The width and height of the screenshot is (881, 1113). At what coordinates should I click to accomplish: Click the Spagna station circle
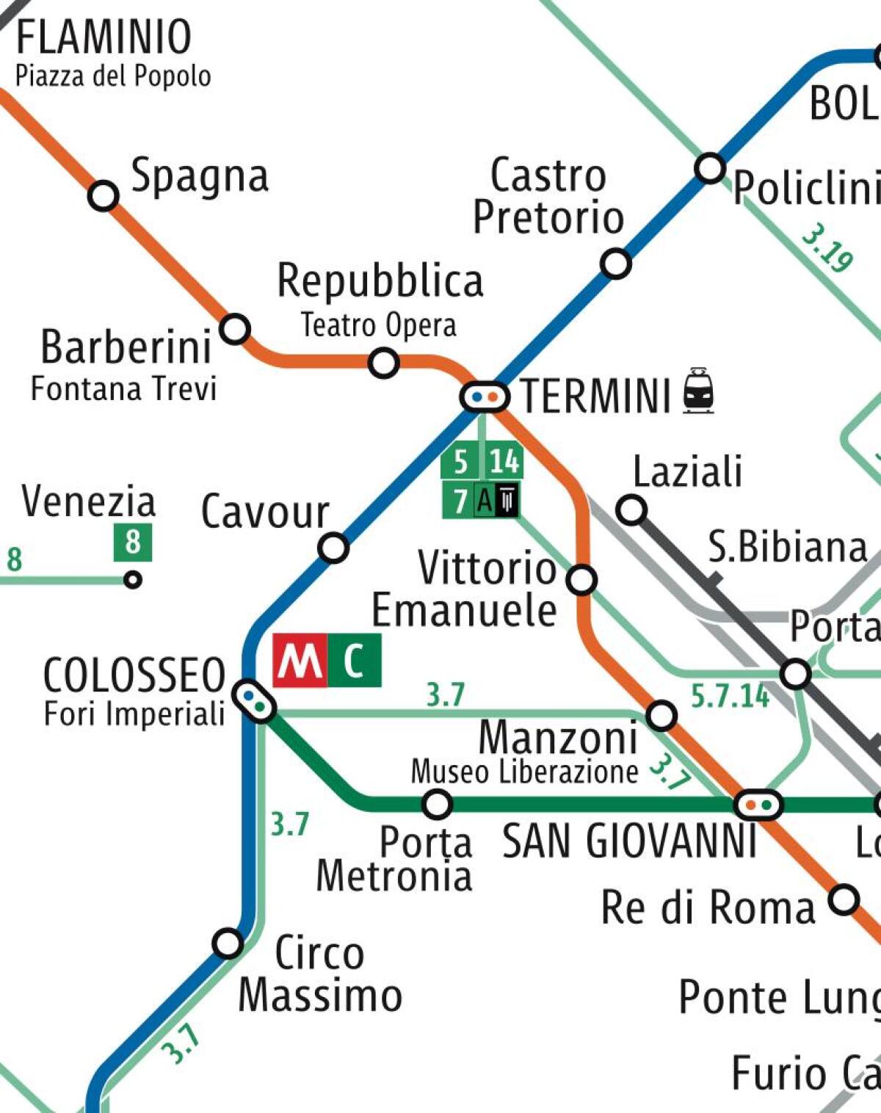[x=104, y=196]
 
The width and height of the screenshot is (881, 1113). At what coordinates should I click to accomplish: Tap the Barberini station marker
[x=235, y=328]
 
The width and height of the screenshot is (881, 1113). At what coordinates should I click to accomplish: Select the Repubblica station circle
[x=383, y=363]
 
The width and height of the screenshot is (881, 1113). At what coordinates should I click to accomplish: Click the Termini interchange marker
[x=485, y=397]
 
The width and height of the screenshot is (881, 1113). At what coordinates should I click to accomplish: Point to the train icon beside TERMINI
[x=698, y=391]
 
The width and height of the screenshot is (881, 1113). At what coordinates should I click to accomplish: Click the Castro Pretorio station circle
[x=615, y=263]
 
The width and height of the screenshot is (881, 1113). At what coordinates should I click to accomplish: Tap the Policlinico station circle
[x=709, y=168]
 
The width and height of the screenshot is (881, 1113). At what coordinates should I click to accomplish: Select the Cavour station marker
[x=333, y=548]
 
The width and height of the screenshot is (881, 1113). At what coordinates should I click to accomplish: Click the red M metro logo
[x=299, y=661]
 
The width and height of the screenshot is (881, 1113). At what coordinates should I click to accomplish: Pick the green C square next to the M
[x=354, y=661]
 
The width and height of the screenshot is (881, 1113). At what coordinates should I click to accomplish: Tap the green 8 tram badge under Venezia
[x=133, y=543]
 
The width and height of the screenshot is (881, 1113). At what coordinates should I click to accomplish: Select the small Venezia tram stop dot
[x=133, y=580]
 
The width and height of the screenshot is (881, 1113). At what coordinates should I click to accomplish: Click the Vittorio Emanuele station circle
[x=581, y=579]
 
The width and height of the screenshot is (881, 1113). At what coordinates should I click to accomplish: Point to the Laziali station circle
[x=631, y=510]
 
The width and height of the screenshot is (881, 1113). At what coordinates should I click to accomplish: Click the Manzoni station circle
[x=661, y=715]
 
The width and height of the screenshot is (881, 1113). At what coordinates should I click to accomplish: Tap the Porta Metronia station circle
[x=437, y=804]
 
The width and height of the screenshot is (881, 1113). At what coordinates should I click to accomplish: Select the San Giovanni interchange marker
[x=758, y=805]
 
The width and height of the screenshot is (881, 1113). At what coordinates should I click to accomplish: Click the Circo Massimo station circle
[x=228, y=943]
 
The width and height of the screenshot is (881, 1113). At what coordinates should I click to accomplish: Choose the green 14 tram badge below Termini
[x=504, y=461]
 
